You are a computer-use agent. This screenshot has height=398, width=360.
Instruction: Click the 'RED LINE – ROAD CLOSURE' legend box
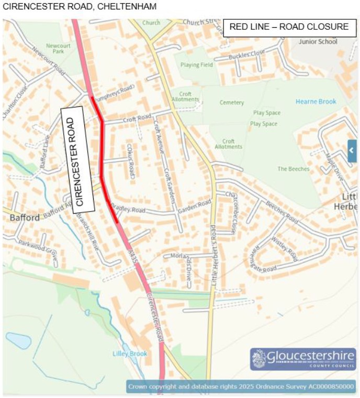289,27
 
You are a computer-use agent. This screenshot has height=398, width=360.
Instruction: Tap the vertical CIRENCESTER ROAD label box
77,160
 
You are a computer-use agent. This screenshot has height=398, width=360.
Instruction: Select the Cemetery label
232,103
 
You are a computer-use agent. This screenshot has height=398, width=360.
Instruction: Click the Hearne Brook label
316,102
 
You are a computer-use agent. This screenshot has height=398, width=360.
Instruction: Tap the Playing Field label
197,65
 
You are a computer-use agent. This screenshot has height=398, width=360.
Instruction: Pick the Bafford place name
21,217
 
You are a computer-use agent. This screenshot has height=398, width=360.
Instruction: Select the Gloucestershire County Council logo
303,359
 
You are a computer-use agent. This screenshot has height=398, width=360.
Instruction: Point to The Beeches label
294,169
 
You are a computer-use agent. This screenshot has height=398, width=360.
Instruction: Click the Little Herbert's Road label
213,257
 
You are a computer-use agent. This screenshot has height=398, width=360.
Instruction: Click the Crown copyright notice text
241,387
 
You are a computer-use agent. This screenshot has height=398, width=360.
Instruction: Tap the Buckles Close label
247,55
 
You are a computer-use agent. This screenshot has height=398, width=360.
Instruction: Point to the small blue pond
18,341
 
